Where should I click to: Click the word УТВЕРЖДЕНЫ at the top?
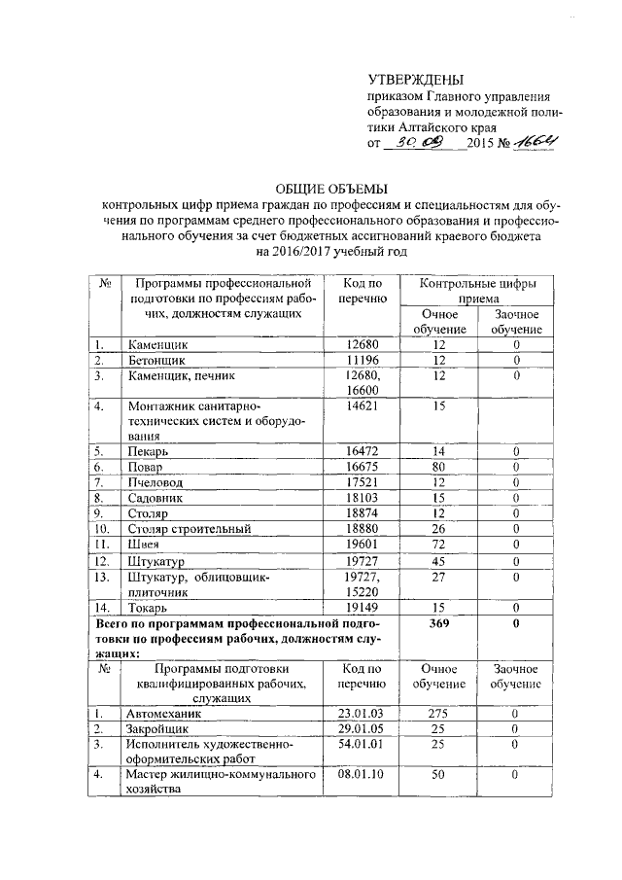[417, 80]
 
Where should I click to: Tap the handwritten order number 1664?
[536, 143]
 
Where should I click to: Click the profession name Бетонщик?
[156, 360]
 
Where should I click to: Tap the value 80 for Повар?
[438, 467]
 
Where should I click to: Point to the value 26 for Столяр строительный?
[438, 528]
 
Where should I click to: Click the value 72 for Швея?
[438, 544]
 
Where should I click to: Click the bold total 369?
[438, 623]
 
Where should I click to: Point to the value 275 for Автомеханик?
[438, 713]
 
